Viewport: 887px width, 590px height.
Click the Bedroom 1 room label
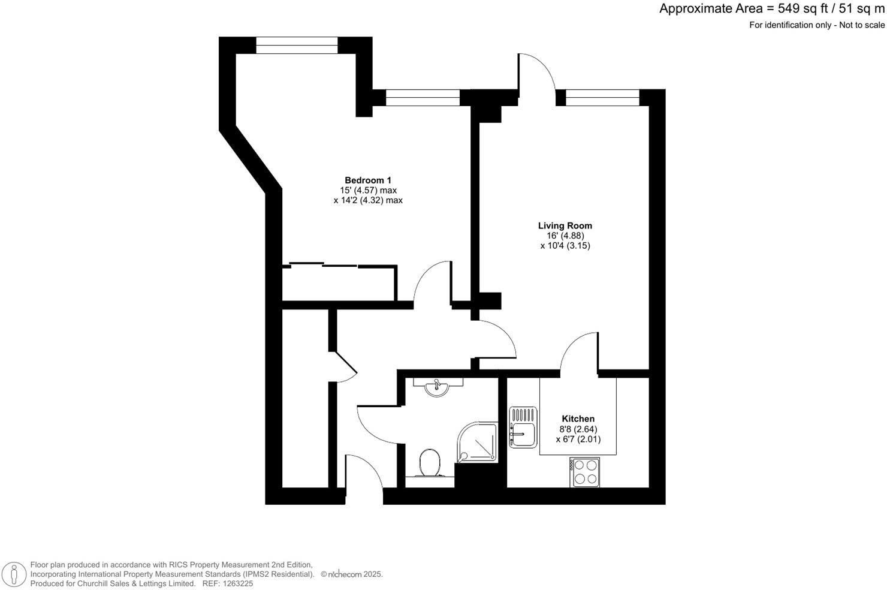tap(367, 180)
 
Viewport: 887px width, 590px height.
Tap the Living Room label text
tap(565, 225)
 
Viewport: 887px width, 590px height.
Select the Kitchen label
tap(578, 419)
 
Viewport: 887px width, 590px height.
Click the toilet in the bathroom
tap(429, 463)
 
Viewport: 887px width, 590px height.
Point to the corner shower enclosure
tap(478, 441)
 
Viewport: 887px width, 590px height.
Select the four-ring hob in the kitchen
tap(584, 472)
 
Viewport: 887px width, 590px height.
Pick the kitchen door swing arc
tap(579, 354)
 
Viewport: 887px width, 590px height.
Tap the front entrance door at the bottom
tap(364, 474)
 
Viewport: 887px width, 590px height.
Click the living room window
tap(602, 97)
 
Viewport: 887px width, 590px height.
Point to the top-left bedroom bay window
tap(297, 45)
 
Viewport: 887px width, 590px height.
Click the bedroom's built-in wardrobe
tap(339, 283)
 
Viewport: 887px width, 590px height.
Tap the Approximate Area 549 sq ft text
tap(771, 8)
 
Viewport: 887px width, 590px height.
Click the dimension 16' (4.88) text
tap(565, 236)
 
